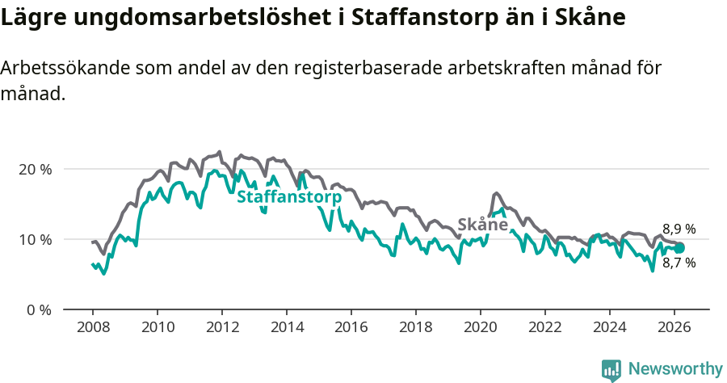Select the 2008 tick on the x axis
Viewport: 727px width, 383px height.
coord(92,327)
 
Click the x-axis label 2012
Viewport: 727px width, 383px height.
coord(221,327)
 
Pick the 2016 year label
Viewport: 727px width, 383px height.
coord(351,327)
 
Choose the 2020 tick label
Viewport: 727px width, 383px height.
coord(480,327)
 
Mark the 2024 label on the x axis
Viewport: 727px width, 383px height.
coord(609,327)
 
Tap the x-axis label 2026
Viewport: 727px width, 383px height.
coord(674,327)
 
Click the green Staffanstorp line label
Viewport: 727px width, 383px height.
coord(288,197)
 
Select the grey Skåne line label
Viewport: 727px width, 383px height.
coord(482,224)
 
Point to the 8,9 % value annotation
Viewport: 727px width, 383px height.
coord(679,229)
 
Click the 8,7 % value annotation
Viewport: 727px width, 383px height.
coord(679,263)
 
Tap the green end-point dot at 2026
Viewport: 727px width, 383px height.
coord(679,248)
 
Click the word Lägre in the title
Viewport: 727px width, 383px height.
coord(33,18)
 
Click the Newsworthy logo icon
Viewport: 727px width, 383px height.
coord(611,369)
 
